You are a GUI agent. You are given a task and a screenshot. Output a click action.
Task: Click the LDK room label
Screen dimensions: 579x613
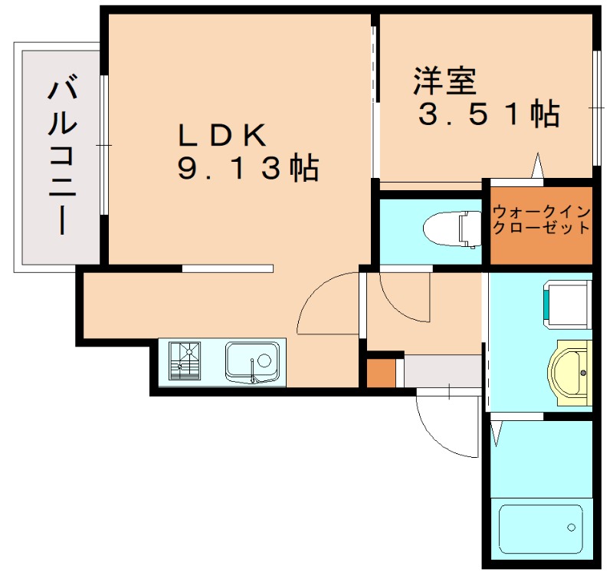(x=221, y=136)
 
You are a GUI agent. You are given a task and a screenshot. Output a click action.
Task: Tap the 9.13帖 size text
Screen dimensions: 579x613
(x=247, y=168)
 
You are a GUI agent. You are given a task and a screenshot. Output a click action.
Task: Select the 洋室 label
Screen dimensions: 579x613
(x=445, y=81)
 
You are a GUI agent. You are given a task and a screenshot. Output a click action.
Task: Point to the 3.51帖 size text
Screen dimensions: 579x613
(x=488, y=115)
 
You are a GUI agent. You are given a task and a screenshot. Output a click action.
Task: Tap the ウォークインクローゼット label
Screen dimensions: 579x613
(x=541, y=219)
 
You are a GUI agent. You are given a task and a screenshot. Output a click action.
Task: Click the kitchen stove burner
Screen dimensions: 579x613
(x=185, y=360)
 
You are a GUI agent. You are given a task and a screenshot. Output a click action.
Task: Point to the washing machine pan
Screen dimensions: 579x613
(x=568, y=304)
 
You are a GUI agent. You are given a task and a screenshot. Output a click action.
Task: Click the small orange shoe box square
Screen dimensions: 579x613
(x=380, y=373)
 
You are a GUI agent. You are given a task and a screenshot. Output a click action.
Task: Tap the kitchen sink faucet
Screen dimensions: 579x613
(x=252, y=376)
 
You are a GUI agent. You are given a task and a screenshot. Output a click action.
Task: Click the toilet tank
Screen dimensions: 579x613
(x=467, y=228)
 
